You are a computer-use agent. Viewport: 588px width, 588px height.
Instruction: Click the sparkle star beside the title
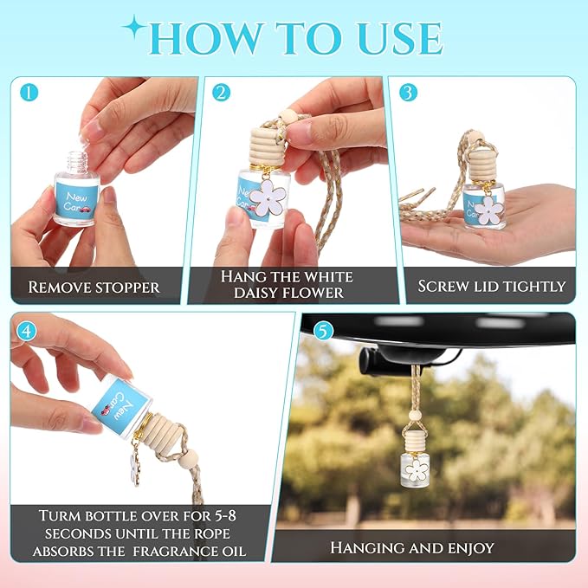[x=134, y=27]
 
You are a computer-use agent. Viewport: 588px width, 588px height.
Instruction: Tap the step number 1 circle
[x=29, y=93]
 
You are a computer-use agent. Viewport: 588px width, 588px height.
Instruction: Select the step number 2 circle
[x=221, y=93]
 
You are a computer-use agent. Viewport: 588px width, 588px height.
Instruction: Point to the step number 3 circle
[x=409, y=93]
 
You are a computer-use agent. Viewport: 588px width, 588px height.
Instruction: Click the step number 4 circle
[x=27, y=332]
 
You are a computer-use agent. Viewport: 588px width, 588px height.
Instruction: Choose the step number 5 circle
[x=323, y=331]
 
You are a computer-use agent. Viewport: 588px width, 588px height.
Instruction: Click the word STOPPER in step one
[x=127, y=288]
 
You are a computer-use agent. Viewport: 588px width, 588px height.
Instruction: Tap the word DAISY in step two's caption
[x=255, y=293]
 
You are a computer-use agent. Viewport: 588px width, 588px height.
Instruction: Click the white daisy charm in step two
[x=268, y=197]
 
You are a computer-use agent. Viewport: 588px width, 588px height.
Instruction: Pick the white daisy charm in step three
[x=488, y=210]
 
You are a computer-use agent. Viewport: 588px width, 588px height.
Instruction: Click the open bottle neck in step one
[x=77, y=163]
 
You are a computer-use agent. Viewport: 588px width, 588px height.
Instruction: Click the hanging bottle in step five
[x=415, y=459]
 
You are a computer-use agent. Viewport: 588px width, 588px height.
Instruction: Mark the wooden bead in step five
[x=415, y=416]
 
